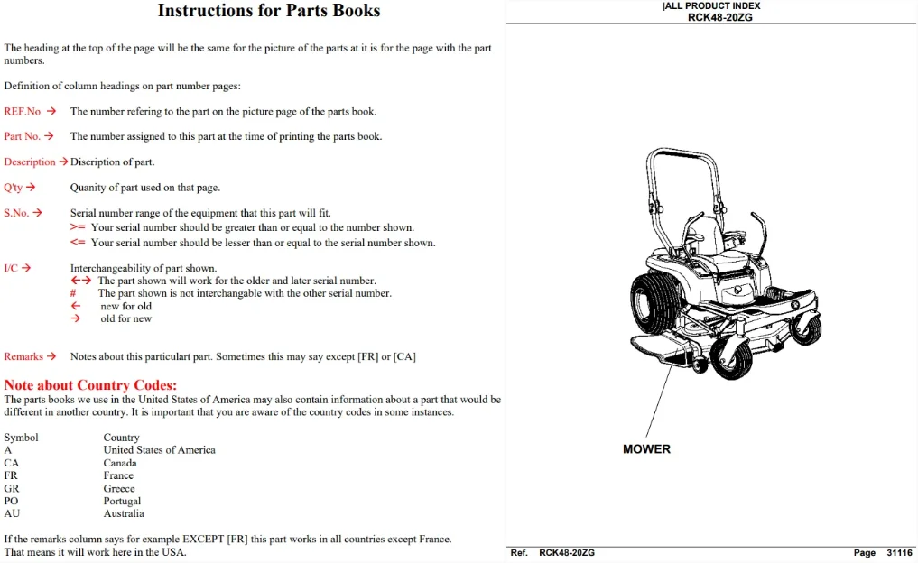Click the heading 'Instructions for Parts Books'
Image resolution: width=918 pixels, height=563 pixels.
(269, 11)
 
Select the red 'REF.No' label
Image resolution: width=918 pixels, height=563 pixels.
(23, 111)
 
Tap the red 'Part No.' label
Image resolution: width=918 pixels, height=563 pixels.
(22, 135)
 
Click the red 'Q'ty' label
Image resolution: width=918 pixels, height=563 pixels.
(13, 188)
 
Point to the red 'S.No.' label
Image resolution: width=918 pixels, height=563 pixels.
(16, 212)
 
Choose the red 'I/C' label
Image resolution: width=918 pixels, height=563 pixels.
(11, 268)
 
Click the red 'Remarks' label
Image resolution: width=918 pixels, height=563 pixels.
(23, 356)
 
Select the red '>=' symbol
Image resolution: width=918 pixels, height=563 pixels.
(78, 227)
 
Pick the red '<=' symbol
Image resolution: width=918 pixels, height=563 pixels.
(78, 243)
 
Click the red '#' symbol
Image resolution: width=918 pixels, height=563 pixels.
(73, 293)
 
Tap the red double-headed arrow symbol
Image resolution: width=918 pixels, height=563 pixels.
(81, 281)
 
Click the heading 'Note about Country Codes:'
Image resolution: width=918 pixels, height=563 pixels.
(90, 385)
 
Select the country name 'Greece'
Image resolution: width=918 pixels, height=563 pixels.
(119, 488)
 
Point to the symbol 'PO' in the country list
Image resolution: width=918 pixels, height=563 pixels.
(11, 501)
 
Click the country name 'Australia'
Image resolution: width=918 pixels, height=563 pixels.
(124, 513)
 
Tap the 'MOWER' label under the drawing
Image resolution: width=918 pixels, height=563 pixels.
(646, 449)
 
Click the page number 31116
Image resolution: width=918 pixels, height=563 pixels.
(899, 552)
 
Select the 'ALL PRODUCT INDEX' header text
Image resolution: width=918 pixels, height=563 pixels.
(712, 5)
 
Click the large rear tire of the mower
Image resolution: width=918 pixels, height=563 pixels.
(654, 304)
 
